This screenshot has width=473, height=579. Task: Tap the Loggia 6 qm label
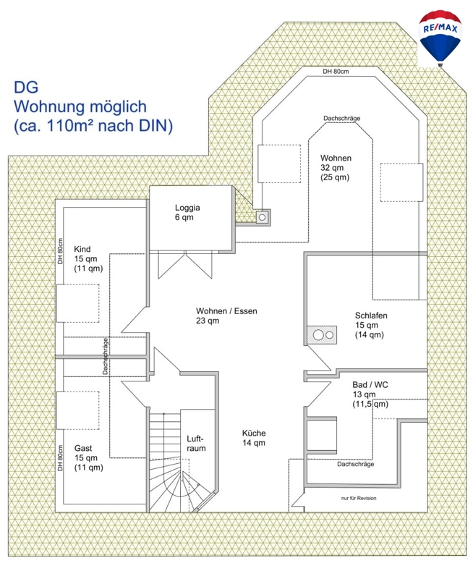(187, 212)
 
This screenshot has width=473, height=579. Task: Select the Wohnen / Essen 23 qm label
(226, 316)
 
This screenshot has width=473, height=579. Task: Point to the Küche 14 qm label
(254, 438)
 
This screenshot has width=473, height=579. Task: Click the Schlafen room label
(371, 325)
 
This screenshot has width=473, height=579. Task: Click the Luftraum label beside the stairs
(196, 443)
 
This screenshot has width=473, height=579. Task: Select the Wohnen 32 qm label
(336, 167)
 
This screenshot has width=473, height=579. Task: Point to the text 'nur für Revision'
(359, 498)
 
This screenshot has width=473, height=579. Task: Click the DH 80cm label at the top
(336, 71)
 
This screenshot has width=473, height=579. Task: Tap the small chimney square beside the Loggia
(263, 217)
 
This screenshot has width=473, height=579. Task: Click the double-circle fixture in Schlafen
(321, 335)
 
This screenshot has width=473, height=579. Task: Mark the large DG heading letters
(26, 87)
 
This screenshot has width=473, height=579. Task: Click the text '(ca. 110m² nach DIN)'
(93, 125)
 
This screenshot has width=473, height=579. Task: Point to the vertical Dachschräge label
(105, 356)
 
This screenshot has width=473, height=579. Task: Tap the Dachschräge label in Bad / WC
(355, 464)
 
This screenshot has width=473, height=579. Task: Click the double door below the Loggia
(185, 264)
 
